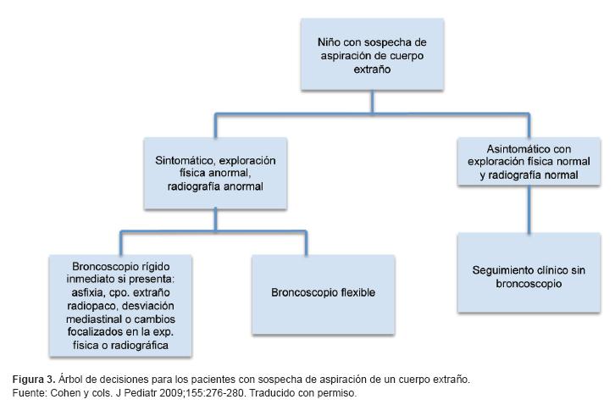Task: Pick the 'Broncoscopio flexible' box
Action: click(323, 292)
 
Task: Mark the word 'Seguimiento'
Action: click(503, 269)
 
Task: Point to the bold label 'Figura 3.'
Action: click(29, 379)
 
